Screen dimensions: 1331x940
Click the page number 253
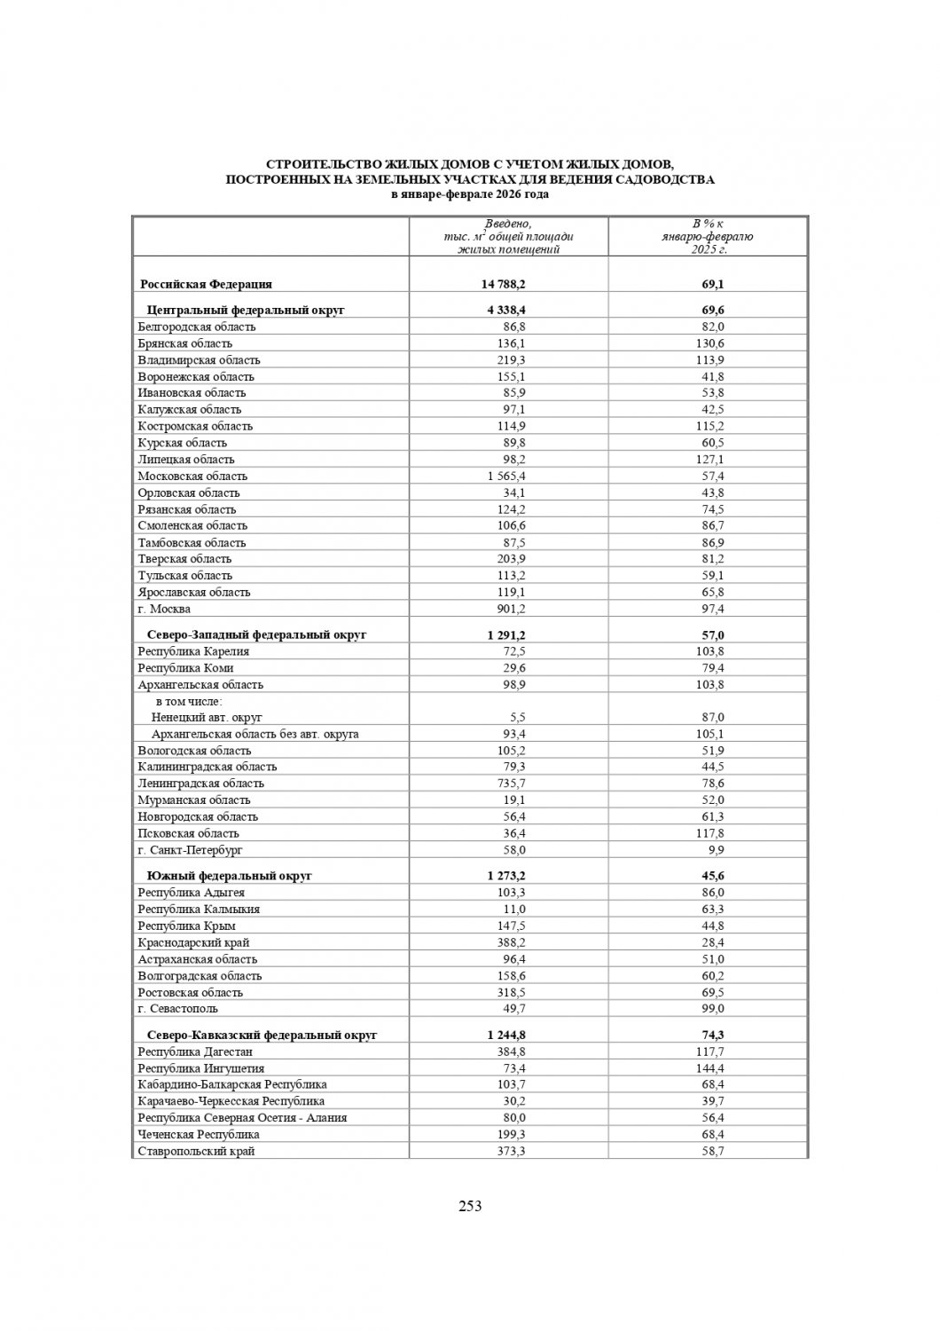469,1205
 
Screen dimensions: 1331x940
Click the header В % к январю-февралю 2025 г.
708,236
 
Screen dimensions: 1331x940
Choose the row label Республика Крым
186,925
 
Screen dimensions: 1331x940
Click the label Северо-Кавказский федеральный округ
262,1036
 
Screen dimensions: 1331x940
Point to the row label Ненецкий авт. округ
207,717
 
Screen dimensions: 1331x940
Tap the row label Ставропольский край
196,1151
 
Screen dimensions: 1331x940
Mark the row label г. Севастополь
177,1009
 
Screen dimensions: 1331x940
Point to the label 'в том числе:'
189,701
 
